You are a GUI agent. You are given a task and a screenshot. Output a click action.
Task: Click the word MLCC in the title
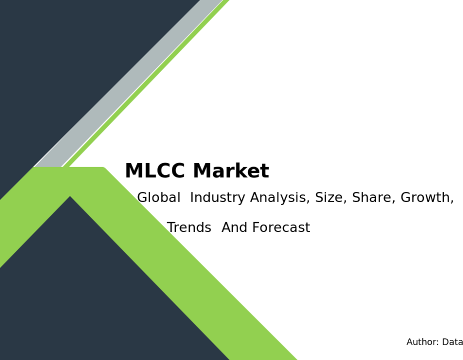[155, 171]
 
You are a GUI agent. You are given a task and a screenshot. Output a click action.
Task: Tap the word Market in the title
[231, 171]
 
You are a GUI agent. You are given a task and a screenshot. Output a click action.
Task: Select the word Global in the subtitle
[158, 197]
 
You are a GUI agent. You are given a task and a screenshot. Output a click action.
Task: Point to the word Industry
[218, 198]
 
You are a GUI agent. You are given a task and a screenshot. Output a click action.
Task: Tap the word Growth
[425, 197]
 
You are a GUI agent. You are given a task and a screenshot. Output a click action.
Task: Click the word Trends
[189, 227]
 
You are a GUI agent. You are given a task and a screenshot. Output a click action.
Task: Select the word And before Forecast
[235, 227]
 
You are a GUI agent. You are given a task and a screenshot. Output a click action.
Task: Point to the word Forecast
[281, 227]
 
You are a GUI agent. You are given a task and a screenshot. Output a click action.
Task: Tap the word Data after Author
[452, 342]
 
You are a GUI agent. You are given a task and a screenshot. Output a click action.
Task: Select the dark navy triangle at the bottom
[88, 295]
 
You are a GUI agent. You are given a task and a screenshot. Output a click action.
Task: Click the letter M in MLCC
[133, 171]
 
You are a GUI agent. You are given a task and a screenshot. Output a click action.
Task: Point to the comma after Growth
[452, 202]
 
